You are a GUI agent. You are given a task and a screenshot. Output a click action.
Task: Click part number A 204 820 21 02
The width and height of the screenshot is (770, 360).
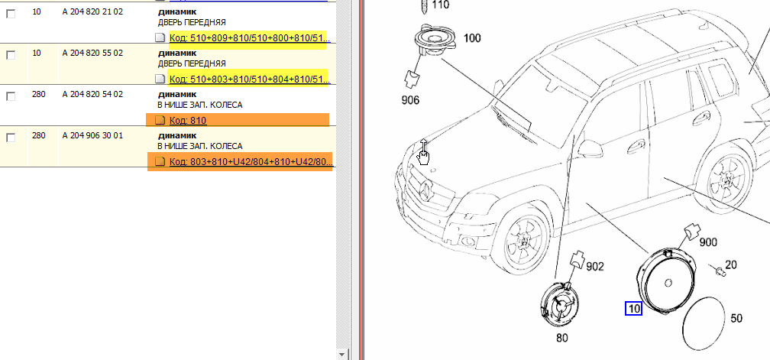coord(92,11)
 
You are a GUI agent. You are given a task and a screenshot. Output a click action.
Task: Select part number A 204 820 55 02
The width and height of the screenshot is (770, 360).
coord(92,53)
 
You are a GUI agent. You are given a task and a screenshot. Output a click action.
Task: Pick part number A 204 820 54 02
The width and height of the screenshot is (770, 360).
coord(92,94)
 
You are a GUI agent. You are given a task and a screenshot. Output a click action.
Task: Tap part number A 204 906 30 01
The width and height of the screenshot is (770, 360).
coord(92,135)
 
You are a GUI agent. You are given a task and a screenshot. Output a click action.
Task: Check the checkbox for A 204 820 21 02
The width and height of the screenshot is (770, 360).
coord(11,14)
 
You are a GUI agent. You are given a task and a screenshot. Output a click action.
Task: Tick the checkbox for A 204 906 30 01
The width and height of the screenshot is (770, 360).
coord(11,138)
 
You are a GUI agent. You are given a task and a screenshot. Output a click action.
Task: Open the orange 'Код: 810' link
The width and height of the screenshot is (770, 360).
coord(188,120)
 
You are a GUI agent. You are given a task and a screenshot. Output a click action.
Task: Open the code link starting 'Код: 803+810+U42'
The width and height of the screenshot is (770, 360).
coord(251,161)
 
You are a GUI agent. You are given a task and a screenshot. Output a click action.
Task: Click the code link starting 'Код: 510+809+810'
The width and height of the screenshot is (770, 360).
coord(250,37)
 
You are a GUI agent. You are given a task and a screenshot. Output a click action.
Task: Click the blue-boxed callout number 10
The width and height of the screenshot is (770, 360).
coord(633,309)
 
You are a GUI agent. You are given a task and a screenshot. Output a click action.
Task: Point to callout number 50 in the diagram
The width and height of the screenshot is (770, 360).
coord(736,318)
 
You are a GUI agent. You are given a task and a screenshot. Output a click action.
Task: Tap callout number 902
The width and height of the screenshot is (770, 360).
coord(594,266)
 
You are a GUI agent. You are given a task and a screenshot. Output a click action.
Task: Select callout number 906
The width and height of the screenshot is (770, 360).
coord(410,100)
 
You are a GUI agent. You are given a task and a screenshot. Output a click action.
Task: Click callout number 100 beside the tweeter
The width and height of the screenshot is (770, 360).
coord(472,37)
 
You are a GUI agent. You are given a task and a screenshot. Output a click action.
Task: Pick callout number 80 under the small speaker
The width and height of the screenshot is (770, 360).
coord(561,337)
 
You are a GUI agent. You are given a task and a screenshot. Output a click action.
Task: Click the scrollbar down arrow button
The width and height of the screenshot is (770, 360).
coord(342,354)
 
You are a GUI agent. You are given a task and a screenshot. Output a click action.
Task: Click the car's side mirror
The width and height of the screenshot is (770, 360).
coord(590,147)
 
